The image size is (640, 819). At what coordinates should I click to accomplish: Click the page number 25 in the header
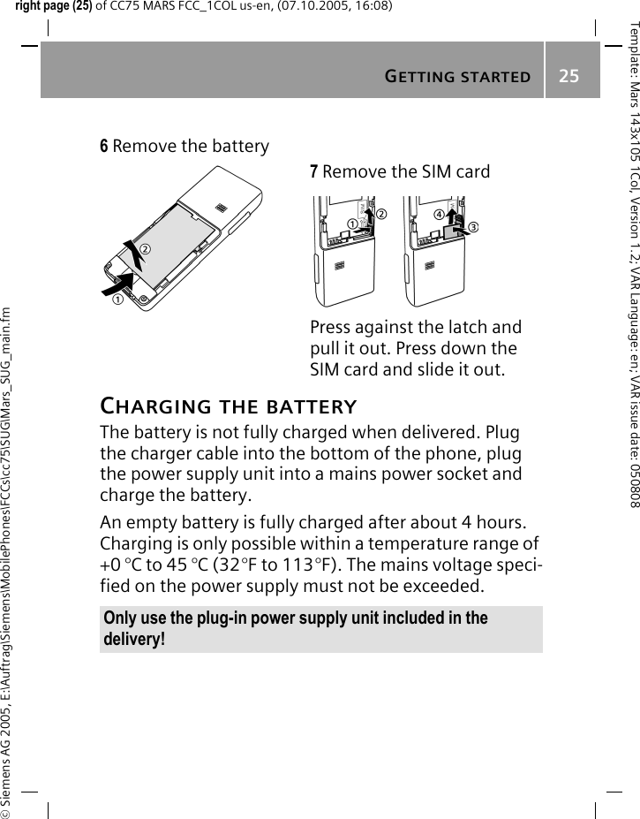pos(568,76)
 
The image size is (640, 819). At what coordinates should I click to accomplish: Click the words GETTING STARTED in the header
pos(457,77)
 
